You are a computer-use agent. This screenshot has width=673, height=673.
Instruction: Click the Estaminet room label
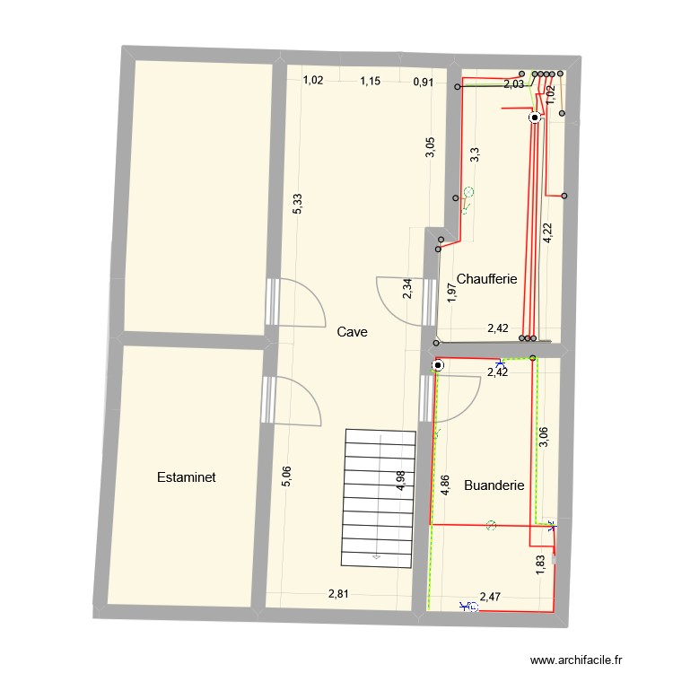pyautogui.click(x=186, y=477)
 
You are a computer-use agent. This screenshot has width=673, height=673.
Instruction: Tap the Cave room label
pyautogui.click(x=353, y=332)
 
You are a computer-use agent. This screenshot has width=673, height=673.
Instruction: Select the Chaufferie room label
pyautogui.click(x=487, y=279)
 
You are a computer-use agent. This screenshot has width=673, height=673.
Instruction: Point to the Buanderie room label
pyautogui.click(x=494, y=485)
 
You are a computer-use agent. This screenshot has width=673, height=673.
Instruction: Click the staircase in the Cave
pyautogui.click(x=380, y=498)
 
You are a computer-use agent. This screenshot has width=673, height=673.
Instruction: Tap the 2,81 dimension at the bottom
pyautogui.click(x=338, y=593)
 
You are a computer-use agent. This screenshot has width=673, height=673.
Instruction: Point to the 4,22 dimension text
pyautogui.click(x=547, y=233)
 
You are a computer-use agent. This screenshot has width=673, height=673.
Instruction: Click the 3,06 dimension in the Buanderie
pyautogui.click(x=542, y=435)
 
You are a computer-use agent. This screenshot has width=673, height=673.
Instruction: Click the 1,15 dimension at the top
pyautogui.click(x=371, y=81)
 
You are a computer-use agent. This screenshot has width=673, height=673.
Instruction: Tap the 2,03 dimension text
pyautogui.click(x=514, y=85)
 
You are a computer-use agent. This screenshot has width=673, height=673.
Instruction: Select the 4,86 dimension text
pyautogui.click(x=443, y=485)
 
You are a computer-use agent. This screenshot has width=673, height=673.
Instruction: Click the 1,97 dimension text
pyautogui.click(x=452, y=293)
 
